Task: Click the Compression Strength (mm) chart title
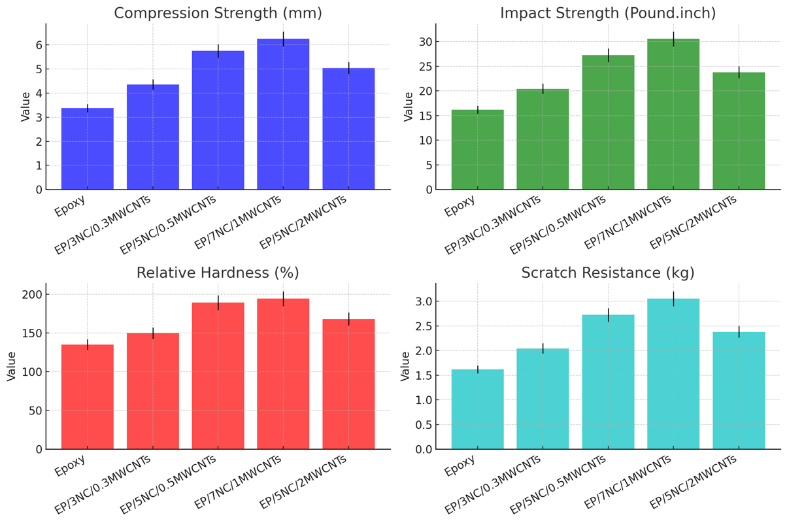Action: point(218,13)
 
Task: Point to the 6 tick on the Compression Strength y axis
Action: point(39,45)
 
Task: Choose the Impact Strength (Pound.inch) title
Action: point(608,13)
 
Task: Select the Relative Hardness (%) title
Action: point(218,273)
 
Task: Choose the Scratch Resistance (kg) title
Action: point(608,273)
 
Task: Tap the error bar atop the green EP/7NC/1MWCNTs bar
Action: point(673,39)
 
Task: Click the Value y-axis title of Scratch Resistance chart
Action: point(405,366)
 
